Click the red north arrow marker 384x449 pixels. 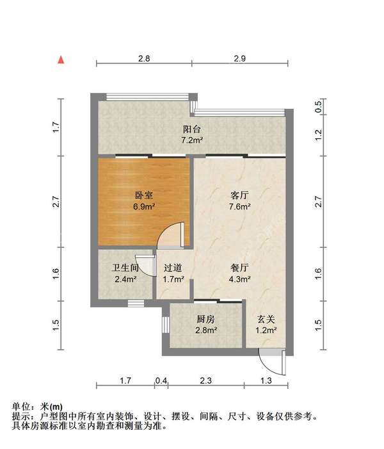coord(61,60)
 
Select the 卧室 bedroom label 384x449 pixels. coord(144,195)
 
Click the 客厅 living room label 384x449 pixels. coord(241,195)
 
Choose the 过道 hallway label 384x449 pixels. coord(173,268)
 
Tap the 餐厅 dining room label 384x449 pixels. coord(241,268)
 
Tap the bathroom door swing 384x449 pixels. coord(147,265)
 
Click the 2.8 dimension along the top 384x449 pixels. coord(144,58)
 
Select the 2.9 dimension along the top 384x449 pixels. coord(240,58)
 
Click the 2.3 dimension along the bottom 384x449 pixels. coord(205,380)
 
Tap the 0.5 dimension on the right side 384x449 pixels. coord(319,107)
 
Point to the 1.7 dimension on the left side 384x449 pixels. coord(56,127)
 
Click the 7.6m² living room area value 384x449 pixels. coord(241,206)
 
